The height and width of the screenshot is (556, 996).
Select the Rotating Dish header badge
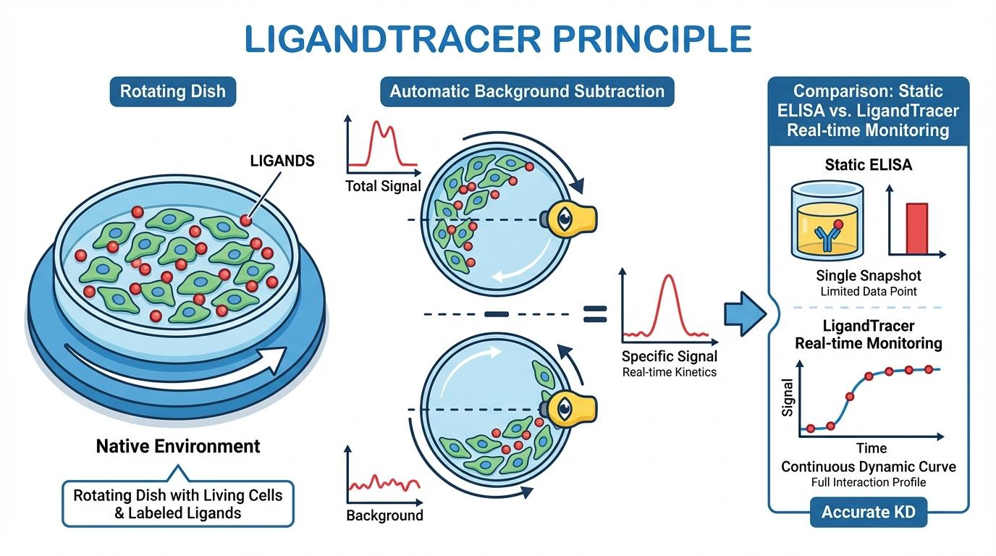(x=172, y=92)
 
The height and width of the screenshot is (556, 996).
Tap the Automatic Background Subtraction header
(x=526, y=92)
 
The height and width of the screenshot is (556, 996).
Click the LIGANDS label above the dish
(x=282, y=161)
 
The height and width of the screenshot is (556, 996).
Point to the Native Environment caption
(x=177, y=445)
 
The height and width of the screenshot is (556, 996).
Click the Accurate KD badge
(x=868, y=513)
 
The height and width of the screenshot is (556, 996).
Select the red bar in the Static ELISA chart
(x=916, y=228)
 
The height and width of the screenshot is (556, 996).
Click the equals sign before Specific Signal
(x=594, y=313)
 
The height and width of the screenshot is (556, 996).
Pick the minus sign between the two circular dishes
(x=497, y=313)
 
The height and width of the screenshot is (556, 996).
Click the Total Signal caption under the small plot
(x=383, y=186)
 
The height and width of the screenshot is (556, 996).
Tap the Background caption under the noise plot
(x=384, y=515)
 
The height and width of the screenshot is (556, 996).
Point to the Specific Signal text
(x=670, y=356)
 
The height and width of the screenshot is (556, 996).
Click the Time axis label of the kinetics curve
(x=871, y=448)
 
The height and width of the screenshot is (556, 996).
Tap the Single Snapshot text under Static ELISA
(x=869, y=276)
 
